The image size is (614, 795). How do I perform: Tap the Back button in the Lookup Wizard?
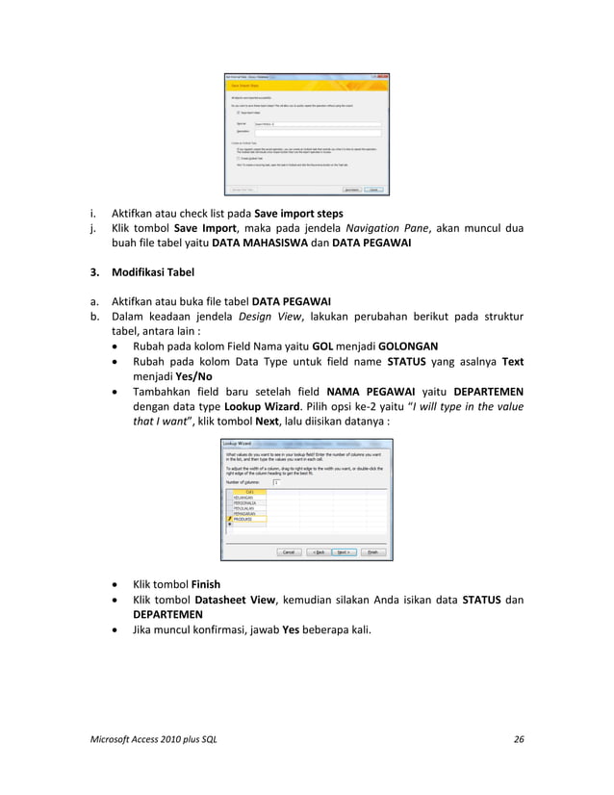coord(315,552)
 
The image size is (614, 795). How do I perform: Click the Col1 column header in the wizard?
coord(247,490)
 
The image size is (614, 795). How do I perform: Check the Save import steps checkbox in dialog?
coord(238,113)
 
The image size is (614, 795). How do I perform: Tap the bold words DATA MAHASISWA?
coord(252,244)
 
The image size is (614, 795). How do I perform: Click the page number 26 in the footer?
coord(520,739)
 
